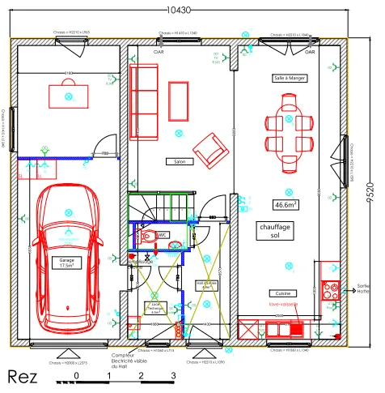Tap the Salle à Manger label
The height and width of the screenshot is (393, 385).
[289, 79]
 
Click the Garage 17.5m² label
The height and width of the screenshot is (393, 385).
[66, 263]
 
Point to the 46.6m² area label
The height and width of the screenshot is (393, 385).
[286, 205]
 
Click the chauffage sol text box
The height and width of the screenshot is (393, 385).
[275, 231]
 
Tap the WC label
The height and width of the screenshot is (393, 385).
[162, 235]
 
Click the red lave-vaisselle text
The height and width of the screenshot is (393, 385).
[284, 305]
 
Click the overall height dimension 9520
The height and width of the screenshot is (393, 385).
[369, 194]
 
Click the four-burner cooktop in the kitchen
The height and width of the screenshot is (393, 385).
[331, 290]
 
